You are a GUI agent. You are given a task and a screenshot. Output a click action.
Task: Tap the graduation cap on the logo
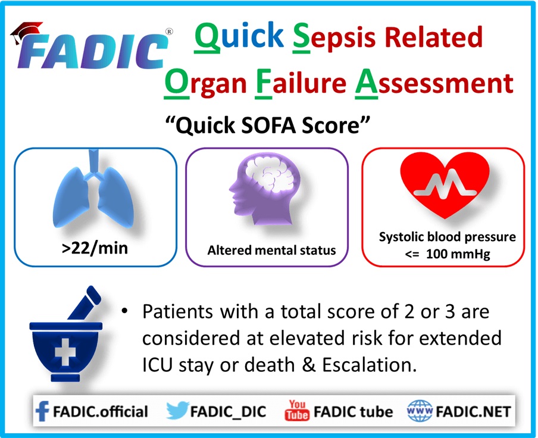point(26,32)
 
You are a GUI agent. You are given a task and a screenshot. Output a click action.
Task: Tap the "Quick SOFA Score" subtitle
point(268,125)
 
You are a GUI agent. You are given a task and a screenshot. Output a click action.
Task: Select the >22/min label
point(95,248)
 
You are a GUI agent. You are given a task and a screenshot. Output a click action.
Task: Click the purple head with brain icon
point(265,189)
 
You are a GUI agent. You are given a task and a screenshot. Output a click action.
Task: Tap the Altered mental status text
point(271,251)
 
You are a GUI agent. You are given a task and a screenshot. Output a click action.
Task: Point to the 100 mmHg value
point(458,254)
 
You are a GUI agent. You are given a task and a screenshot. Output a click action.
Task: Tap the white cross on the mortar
point(65,352)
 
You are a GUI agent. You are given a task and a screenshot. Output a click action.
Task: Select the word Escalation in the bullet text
point(369,365)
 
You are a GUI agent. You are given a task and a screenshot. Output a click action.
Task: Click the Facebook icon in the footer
point(42,411)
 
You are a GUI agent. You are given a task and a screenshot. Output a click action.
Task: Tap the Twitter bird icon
point(177,410)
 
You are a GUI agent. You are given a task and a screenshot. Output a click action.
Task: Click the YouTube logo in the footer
point(297,410)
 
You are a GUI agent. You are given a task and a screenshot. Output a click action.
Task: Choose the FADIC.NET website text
point(473,412)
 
